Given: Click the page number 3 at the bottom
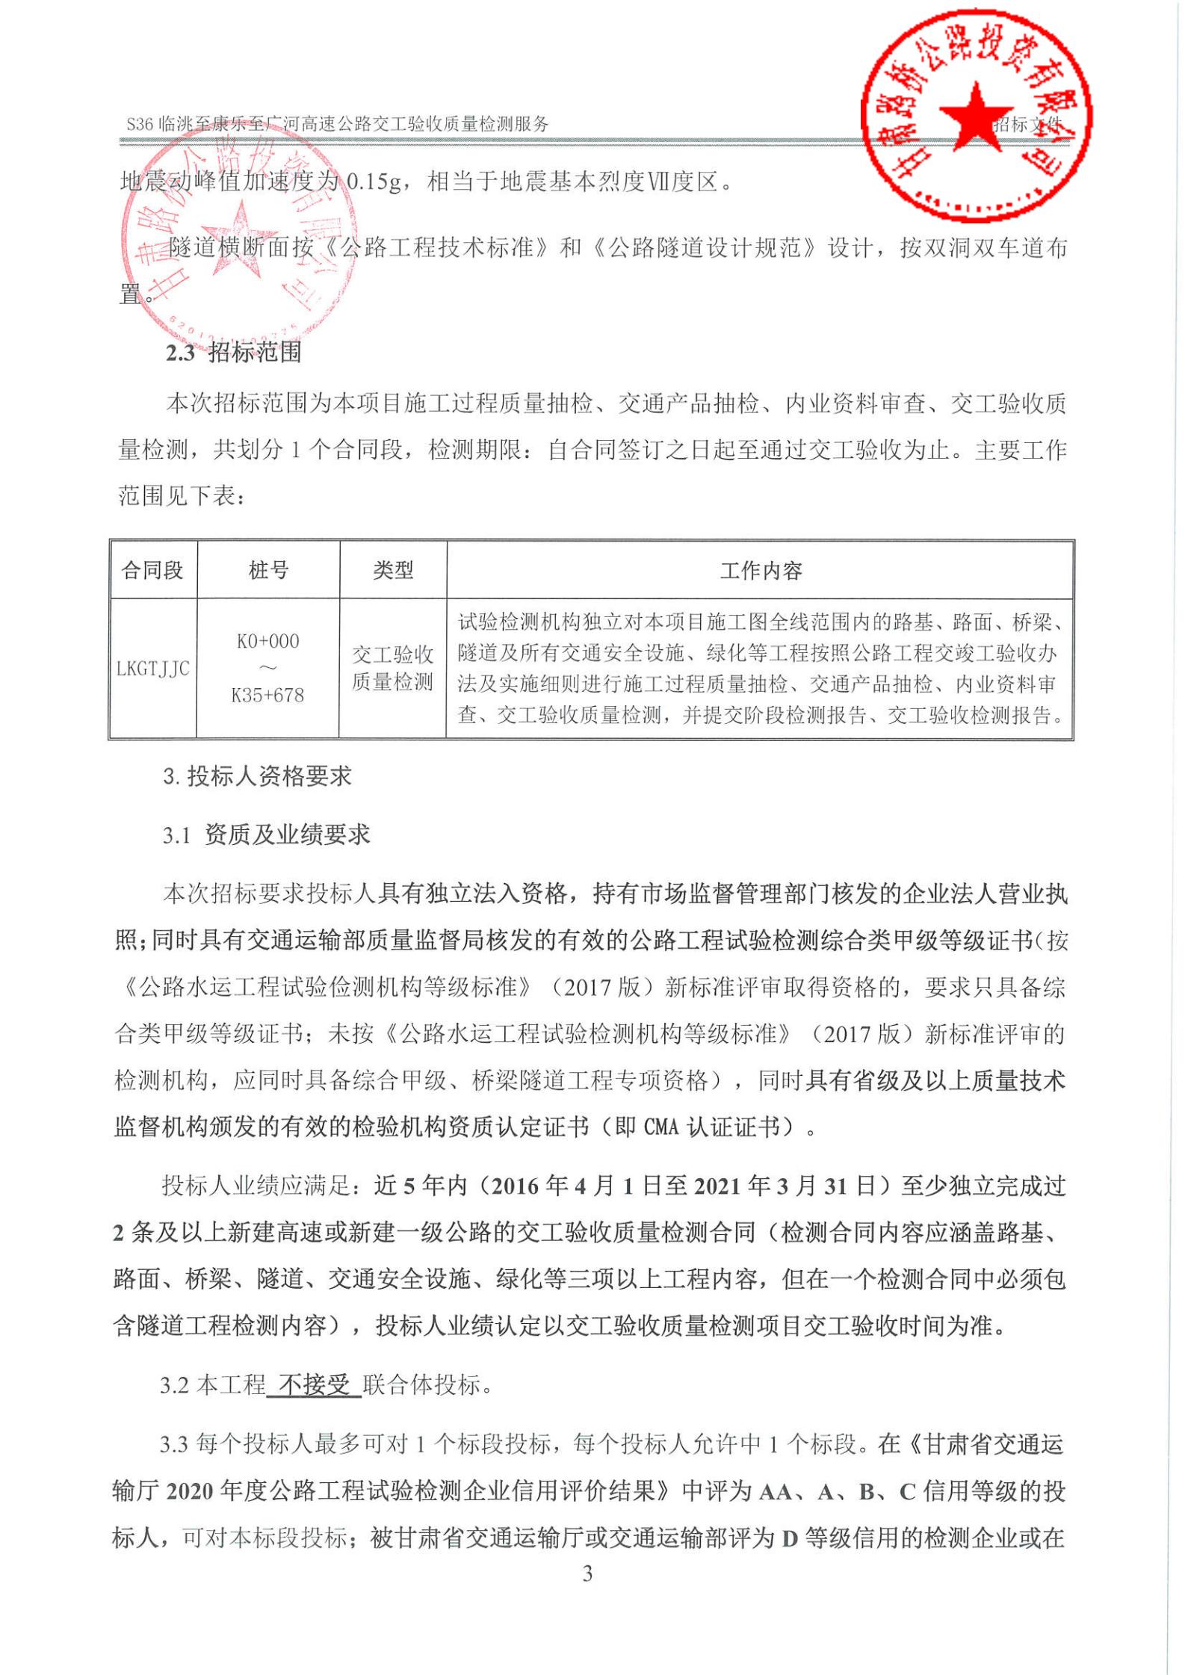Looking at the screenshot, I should point(587,1574).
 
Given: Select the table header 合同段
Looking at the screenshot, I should point(152,571).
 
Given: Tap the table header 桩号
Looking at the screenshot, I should point(268,571).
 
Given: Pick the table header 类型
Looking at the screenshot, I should point(393,571).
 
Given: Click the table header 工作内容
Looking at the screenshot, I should point(761,572).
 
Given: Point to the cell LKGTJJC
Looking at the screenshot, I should point(153,669).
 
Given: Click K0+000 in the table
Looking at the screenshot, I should point(268,641).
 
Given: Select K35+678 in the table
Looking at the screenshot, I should point(268,696).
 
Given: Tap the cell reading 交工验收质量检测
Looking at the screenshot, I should point(393,669).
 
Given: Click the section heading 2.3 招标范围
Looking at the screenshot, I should point(234,352).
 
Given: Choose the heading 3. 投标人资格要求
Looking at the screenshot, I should point(258,777).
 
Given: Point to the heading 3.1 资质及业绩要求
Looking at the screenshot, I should point(267,835).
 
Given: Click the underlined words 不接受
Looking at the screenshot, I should point(315,1385).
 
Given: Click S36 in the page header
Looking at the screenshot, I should point(140,124).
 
